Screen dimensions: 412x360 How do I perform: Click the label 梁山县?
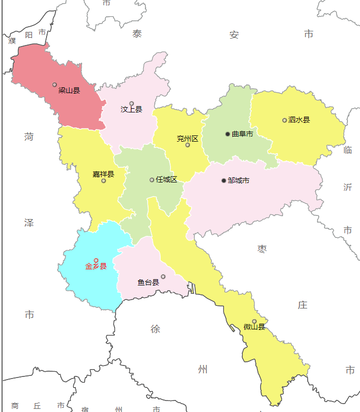69,90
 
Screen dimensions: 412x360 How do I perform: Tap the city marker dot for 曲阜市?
228,134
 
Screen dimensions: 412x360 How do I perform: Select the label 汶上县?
131,109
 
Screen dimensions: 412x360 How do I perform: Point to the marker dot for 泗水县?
285,120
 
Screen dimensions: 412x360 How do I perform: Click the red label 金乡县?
96,266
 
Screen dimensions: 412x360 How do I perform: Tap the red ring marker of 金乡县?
96,260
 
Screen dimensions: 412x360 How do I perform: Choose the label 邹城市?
239,180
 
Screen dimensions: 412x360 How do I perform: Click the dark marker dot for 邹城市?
224,180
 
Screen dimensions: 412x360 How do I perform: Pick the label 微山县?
254,327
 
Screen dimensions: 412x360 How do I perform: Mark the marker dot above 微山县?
254,321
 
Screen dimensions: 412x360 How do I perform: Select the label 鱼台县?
148,282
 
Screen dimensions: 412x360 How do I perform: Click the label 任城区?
166,179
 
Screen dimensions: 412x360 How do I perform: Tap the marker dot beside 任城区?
152,180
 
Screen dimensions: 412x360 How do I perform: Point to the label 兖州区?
187,139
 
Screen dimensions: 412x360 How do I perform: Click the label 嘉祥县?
103,174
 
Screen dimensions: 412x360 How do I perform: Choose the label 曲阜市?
242,134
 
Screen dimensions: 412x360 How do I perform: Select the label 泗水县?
299,120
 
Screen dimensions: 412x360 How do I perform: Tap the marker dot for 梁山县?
54,84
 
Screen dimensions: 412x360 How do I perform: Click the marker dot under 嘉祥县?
104,181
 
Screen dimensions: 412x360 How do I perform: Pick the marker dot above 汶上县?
131,103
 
